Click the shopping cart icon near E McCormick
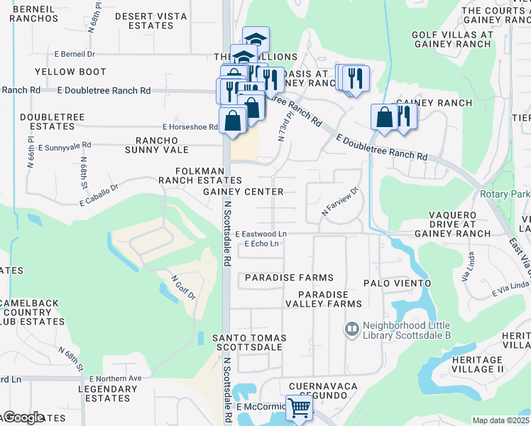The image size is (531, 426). click(300, 408)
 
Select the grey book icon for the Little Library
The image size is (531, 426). click(351, 329)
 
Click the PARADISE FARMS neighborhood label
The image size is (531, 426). click(289, 278)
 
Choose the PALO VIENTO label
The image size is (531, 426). click(397, 283)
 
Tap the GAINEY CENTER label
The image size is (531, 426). click(243, 192)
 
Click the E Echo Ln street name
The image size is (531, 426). click(261, 244)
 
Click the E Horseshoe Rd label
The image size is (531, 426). click(188, 127)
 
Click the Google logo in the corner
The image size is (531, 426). click(23, 417)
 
